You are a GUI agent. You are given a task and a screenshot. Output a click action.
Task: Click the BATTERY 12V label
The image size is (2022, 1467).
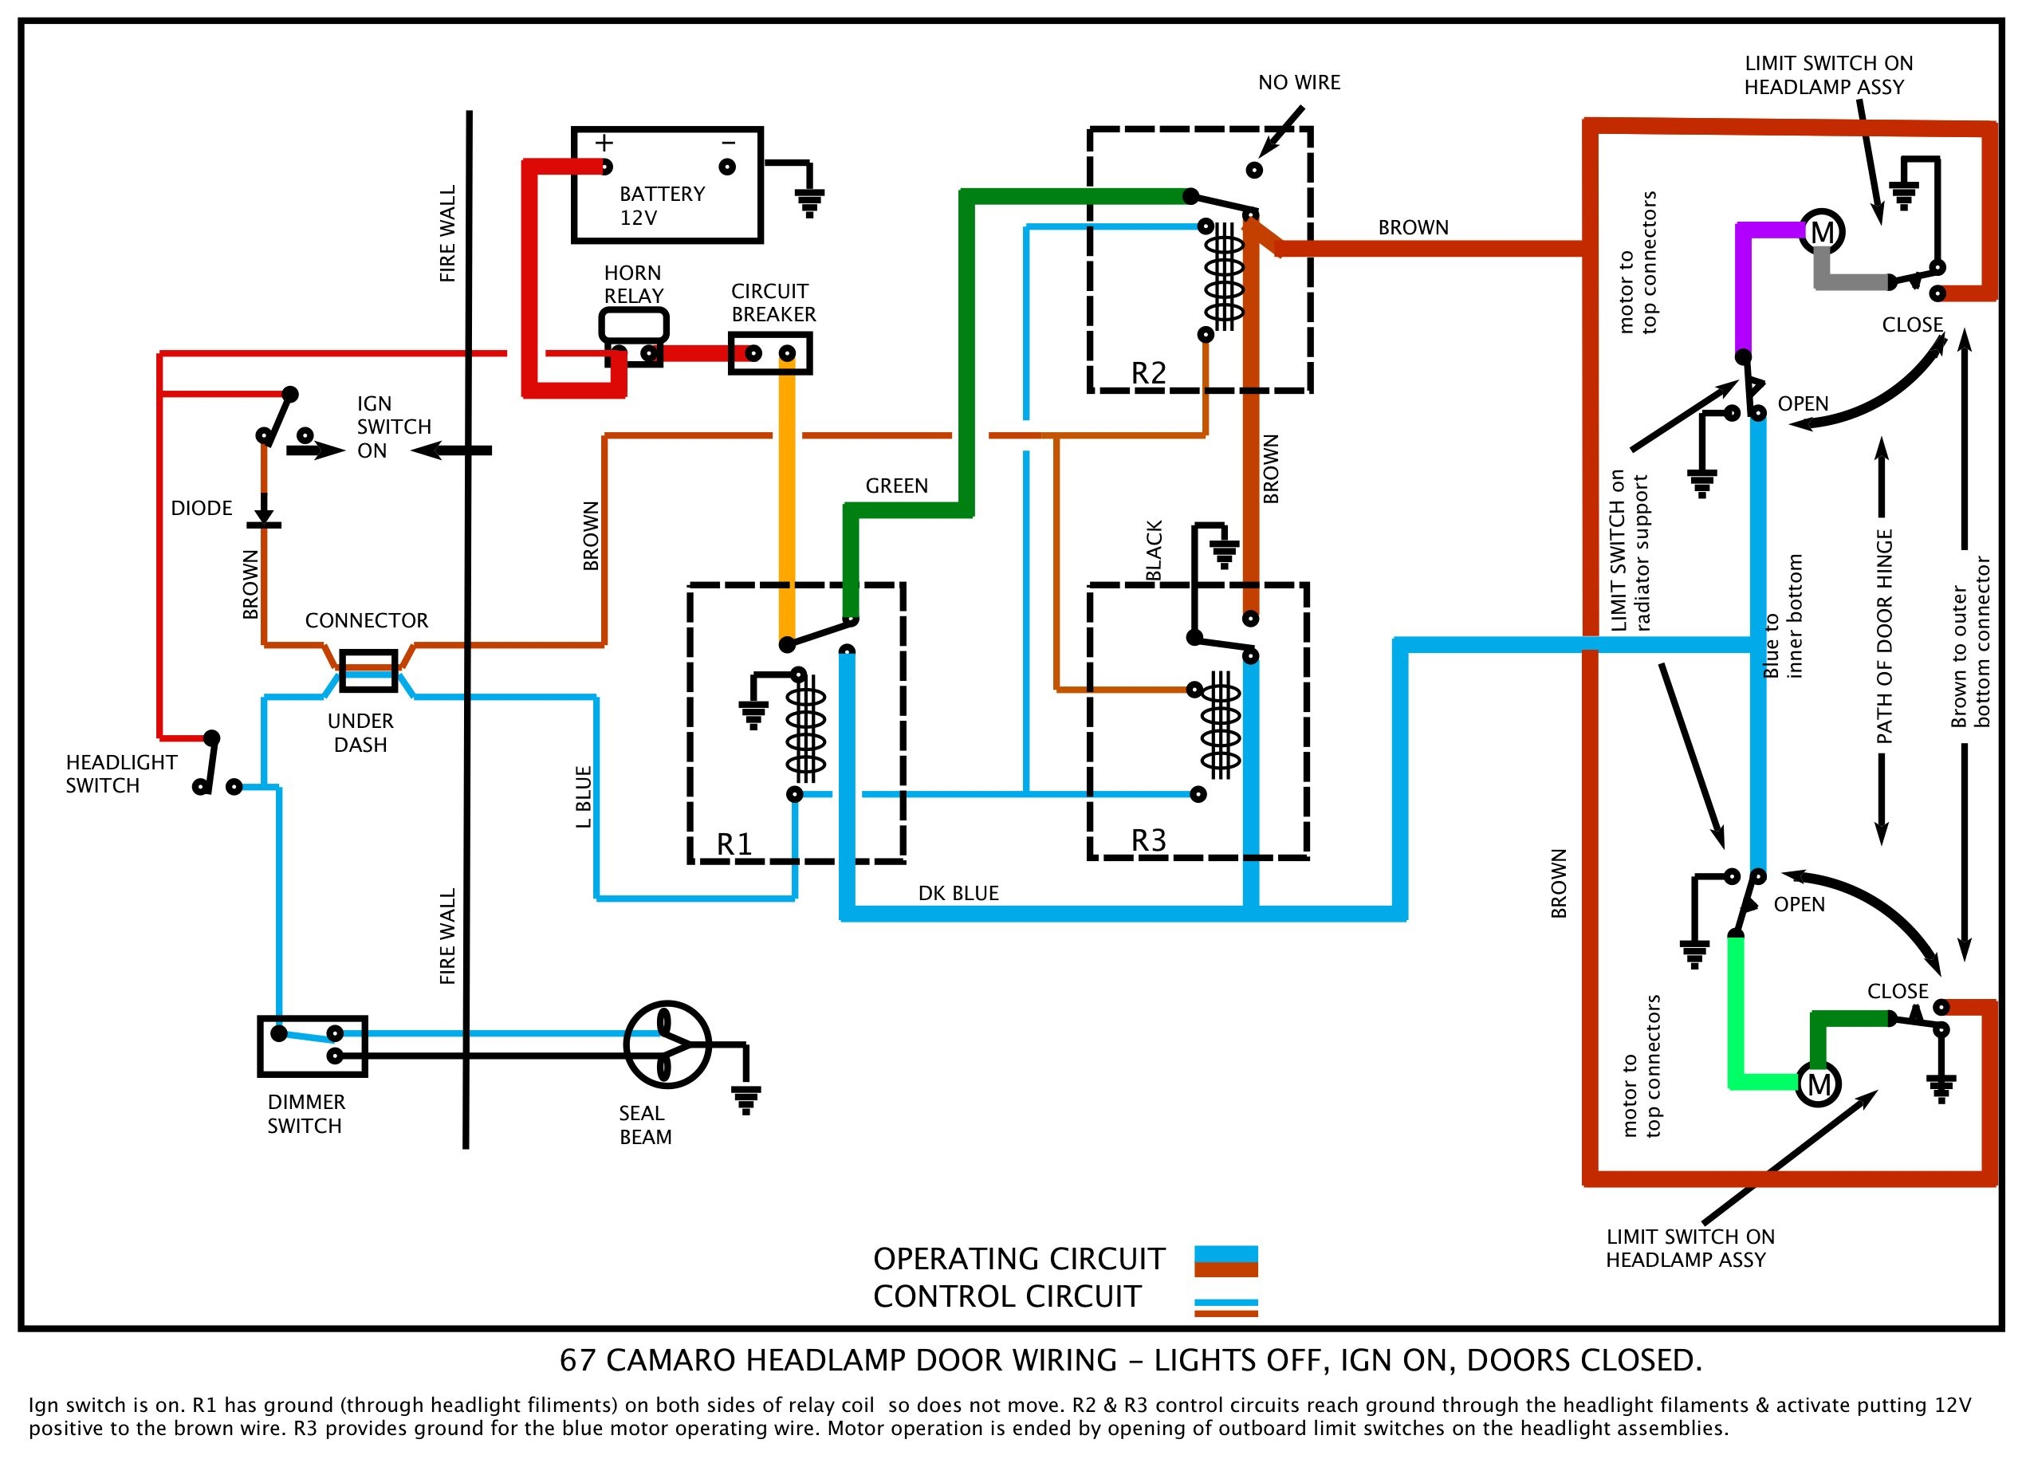(x=661, y=206)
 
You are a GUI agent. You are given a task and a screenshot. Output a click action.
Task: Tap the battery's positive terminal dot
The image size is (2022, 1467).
(x=606, y=167)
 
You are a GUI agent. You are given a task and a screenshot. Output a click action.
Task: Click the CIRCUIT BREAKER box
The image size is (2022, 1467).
(x=770, y=354)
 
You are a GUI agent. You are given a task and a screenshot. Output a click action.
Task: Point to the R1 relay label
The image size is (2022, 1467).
(x=734, y=844)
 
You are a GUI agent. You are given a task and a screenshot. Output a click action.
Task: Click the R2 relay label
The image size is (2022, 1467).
(x=1148, y=373)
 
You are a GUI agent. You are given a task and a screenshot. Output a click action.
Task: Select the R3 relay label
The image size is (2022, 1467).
(x=1148, y=840)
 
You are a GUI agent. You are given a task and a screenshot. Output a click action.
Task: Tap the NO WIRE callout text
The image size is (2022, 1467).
(x=1299, y=83)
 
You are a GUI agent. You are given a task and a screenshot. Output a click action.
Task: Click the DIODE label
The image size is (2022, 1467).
(x=202, y=508)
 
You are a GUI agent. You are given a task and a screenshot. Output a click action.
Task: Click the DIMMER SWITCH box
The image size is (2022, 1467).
(x=313, y=1046)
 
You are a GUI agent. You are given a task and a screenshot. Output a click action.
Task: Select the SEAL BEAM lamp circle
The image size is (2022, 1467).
(x=667, y=1044)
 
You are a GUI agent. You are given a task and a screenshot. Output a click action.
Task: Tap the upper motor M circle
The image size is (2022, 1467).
(x=1823, y=233)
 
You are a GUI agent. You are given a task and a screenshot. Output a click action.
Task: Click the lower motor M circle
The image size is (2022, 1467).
(x=1819, y=1084)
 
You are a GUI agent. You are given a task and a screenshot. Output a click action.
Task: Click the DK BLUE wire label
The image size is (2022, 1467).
(x=958, y=893)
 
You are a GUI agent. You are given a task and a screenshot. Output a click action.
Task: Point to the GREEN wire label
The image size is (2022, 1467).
(x=897, y=486)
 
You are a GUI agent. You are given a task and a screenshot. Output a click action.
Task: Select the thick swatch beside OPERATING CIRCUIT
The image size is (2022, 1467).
(x=1225, y=1261)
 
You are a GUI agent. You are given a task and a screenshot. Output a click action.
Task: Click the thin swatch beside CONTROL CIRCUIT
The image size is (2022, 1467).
(x=1225, y=1308)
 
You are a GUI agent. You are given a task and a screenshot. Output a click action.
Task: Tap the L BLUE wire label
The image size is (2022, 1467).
(x=584, y=796)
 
